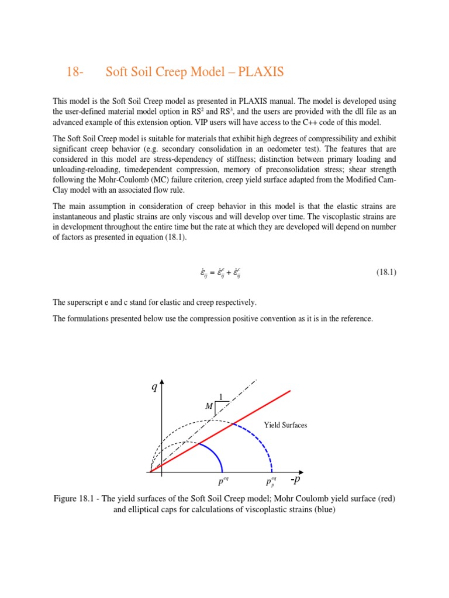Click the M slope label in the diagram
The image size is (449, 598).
coord(209,406)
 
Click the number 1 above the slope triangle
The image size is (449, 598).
coord(220,397)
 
